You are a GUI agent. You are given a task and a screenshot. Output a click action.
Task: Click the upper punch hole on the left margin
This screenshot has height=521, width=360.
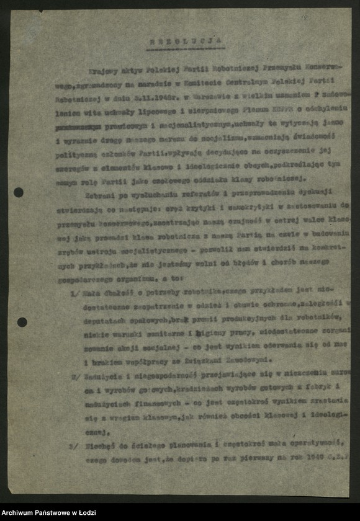click(x=19, y=192)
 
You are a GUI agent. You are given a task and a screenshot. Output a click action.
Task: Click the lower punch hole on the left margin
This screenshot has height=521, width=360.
click(x=22, y=322)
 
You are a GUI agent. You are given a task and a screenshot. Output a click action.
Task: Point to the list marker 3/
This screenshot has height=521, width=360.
click(x=73, y=445)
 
